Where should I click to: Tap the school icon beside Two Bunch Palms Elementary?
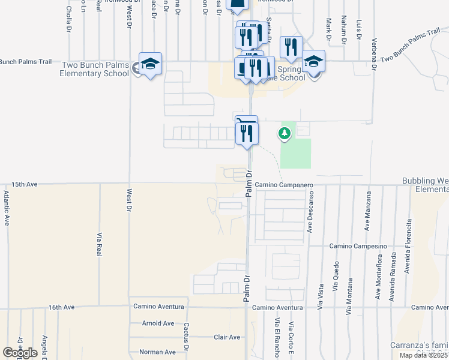150,64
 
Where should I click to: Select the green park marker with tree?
283,134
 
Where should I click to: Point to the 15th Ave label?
25,185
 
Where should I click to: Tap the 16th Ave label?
61,307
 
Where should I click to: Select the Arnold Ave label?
158,323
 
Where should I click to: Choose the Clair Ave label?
227,337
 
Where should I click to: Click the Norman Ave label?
157,352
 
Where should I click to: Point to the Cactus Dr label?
187,337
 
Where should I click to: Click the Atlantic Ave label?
7,208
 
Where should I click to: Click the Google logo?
20,352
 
